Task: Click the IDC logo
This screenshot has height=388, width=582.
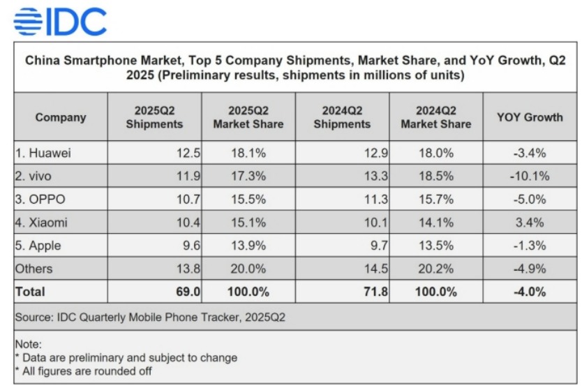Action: coord(60,21)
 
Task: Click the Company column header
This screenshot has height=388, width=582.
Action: coord(61,117)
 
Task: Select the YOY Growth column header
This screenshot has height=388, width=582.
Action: coord(530,117)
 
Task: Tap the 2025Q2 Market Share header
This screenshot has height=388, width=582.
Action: coord(248,117)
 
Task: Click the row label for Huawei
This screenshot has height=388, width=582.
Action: coord(43,152)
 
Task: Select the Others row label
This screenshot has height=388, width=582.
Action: coord(36,269)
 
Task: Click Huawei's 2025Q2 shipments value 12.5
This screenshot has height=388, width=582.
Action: coord(188,152)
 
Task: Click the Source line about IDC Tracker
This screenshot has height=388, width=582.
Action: coord(150,318)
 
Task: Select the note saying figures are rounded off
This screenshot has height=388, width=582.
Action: coord(83,371)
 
